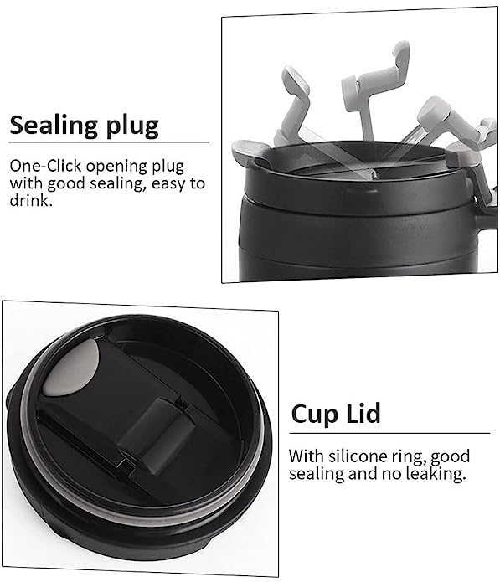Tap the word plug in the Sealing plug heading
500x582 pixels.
pos(132,126)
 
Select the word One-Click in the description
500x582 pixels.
pos(46,166)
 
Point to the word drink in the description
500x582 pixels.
pos(29,200)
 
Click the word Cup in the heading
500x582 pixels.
pos(315,414)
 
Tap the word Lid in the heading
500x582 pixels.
pos(363,412)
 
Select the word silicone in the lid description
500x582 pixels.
pos(356,456)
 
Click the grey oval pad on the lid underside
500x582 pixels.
pos(71,368)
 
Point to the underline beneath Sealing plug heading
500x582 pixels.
pos(109,142)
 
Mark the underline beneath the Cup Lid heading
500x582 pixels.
pos(389,433)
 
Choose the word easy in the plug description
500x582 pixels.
pos(168,184)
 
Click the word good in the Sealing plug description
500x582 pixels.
pos(66,184)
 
